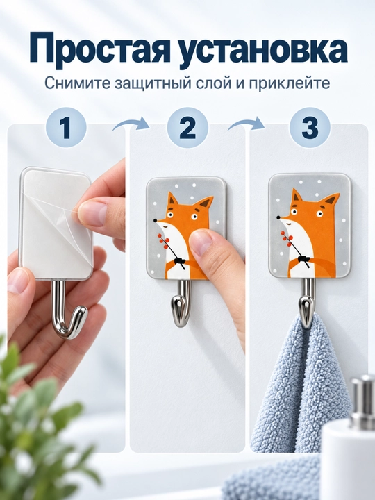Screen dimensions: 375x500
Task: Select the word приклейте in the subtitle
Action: pos(289,84)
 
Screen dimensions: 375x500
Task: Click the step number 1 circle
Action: pos(66,128)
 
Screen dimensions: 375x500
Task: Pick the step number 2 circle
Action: pos(187,128)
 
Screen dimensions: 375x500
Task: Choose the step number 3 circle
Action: pos(310,128)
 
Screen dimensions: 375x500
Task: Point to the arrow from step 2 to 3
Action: pos(246,123)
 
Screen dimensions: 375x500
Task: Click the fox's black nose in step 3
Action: pos(278,217)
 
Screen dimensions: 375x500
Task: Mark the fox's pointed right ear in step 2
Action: pos(205,203)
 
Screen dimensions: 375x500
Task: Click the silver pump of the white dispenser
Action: pos(363,402)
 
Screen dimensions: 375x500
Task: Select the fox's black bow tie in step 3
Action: pos(303,258)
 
